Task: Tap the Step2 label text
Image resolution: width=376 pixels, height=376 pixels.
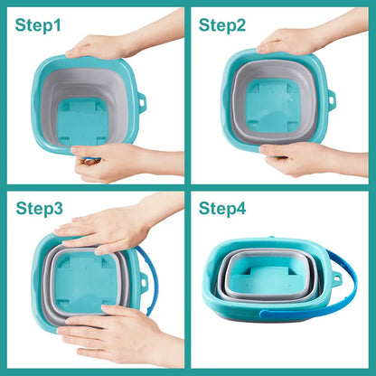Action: (222, 24)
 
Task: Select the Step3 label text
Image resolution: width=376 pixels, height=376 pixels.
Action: (40, 209)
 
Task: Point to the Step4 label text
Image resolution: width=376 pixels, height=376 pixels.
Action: (222, 209)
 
